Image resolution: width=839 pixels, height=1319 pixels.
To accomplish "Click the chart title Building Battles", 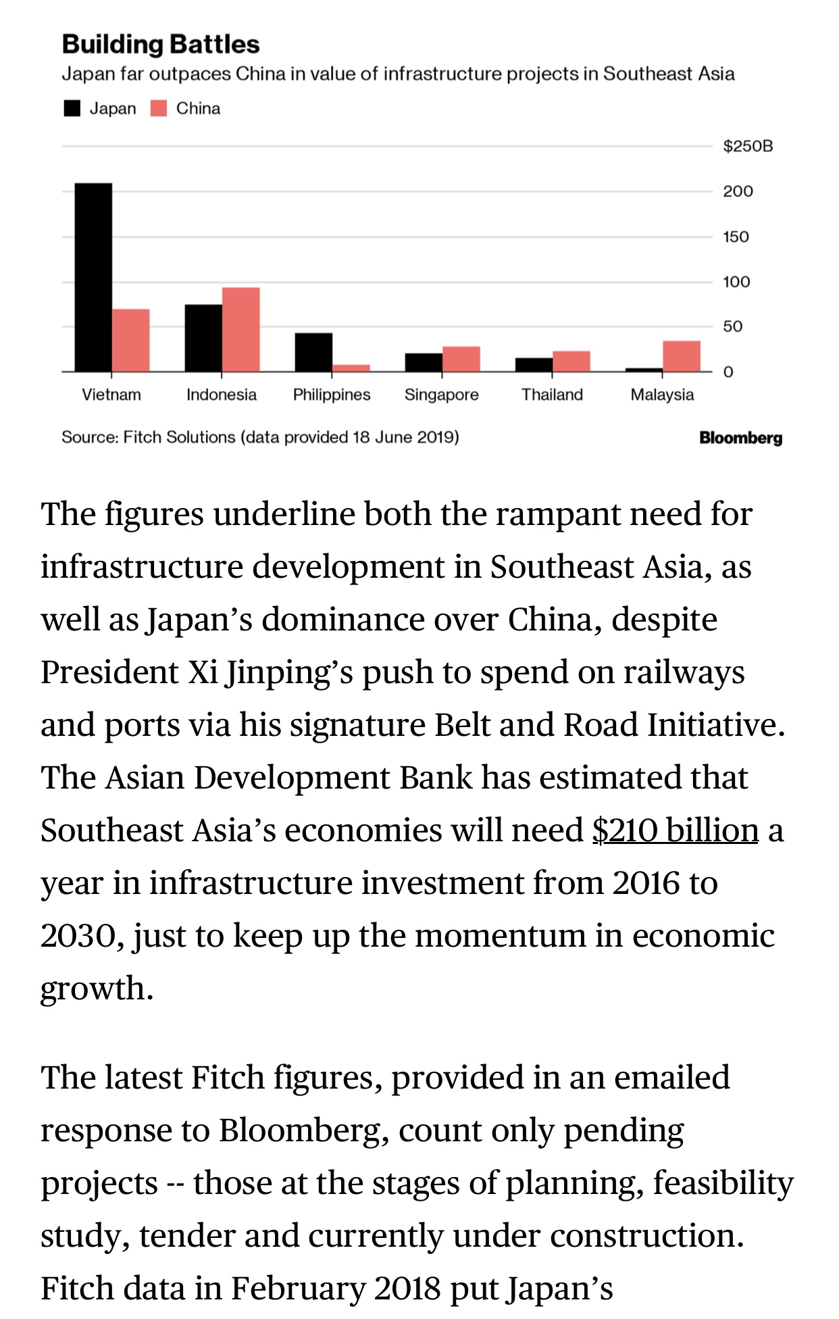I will (x=161, y=45).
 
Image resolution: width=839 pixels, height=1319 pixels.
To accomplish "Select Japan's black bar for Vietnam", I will (x=93, y=277).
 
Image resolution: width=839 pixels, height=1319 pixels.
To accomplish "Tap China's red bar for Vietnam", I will (x=130, y=340).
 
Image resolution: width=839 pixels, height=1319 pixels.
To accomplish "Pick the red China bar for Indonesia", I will (x=240, y=329).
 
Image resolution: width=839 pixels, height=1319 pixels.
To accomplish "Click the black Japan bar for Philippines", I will (x=313, y=351).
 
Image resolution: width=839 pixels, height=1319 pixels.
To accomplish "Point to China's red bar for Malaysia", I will (x=681, y=355).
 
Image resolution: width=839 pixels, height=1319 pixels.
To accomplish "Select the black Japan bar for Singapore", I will (x=424, y=362).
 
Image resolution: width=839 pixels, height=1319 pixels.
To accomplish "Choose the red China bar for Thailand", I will (x=571, y=361).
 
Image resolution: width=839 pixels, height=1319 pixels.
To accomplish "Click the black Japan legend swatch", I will (x=72, y=109).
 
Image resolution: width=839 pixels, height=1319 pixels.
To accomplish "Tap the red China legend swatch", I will (x=159, y=109).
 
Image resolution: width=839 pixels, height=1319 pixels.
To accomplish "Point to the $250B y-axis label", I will (x=747, y=146).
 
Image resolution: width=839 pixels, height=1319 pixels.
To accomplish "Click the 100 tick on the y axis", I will (x=736, y=282).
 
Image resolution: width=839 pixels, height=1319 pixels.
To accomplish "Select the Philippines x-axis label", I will (x=332, y=395).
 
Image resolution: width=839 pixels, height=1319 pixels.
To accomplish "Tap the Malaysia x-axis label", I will (x=662, y=395).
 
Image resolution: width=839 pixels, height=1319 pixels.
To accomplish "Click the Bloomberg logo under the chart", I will (x=740, y=438).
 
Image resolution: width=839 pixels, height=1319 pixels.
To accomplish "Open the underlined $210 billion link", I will (x=675, y=830).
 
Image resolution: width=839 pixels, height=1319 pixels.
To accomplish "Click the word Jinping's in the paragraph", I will (x=290, y=672).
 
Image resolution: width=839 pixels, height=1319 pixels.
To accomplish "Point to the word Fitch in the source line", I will (x=143, y=437).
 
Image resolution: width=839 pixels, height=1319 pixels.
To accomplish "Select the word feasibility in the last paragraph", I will (x=723, y=1183).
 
